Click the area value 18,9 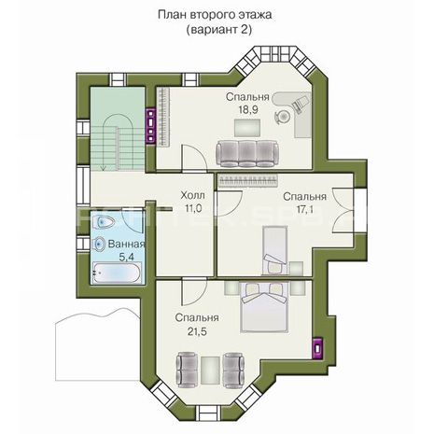pos(248,110)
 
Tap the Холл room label pos(192,196)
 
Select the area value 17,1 pos(304,209)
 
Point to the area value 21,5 pos(197,331)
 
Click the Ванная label pos(126,244)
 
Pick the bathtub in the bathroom pos(117,273)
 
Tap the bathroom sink pos(100,244)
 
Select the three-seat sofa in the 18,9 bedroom pos(247,154)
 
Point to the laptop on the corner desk pos(301,103)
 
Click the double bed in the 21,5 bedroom pos(264,307)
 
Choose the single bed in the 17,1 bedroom pos(275,250)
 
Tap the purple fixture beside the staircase pos(151,126)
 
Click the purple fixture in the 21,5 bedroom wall pos(318,348)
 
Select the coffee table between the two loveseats pos(210,371)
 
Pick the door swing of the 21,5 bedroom pos(193,291)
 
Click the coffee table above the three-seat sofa pos(247,128)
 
